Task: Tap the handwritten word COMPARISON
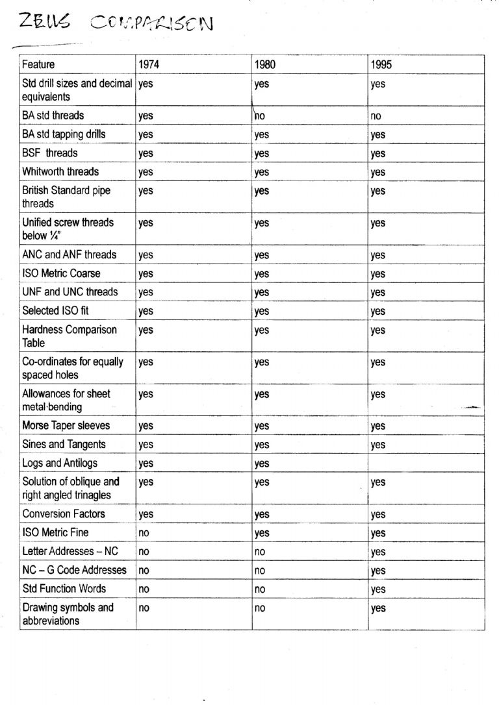click(x=151, y=25)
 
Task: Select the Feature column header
click(x=38, y=64)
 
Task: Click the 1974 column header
click(x=149, y=64)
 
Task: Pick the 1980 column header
click(x=264, y=64)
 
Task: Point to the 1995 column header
click(x=381, y=64)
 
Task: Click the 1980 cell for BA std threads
click(x=260, y=116)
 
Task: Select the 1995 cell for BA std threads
click(x=376, y=116)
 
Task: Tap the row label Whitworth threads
click(x=60, y=171)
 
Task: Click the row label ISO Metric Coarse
click(x=61, y=273)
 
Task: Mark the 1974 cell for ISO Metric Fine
click(x=144, y=533)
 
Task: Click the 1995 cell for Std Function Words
click(x=378, y=589)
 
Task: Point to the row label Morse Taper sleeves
click(x=66, y=426)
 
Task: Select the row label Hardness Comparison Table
click(x=70, y=336)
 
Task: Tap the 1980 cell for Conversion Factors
click(x=262, y=514)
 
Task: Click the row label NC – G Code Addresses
click(x=74, y=570)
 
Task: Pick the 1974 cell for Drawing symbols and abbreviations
click(x=144, y=608)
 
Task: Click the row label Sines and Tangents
click(x=64, y=445)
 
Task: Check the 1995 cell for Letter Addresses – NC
click(x=378, y=552)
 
